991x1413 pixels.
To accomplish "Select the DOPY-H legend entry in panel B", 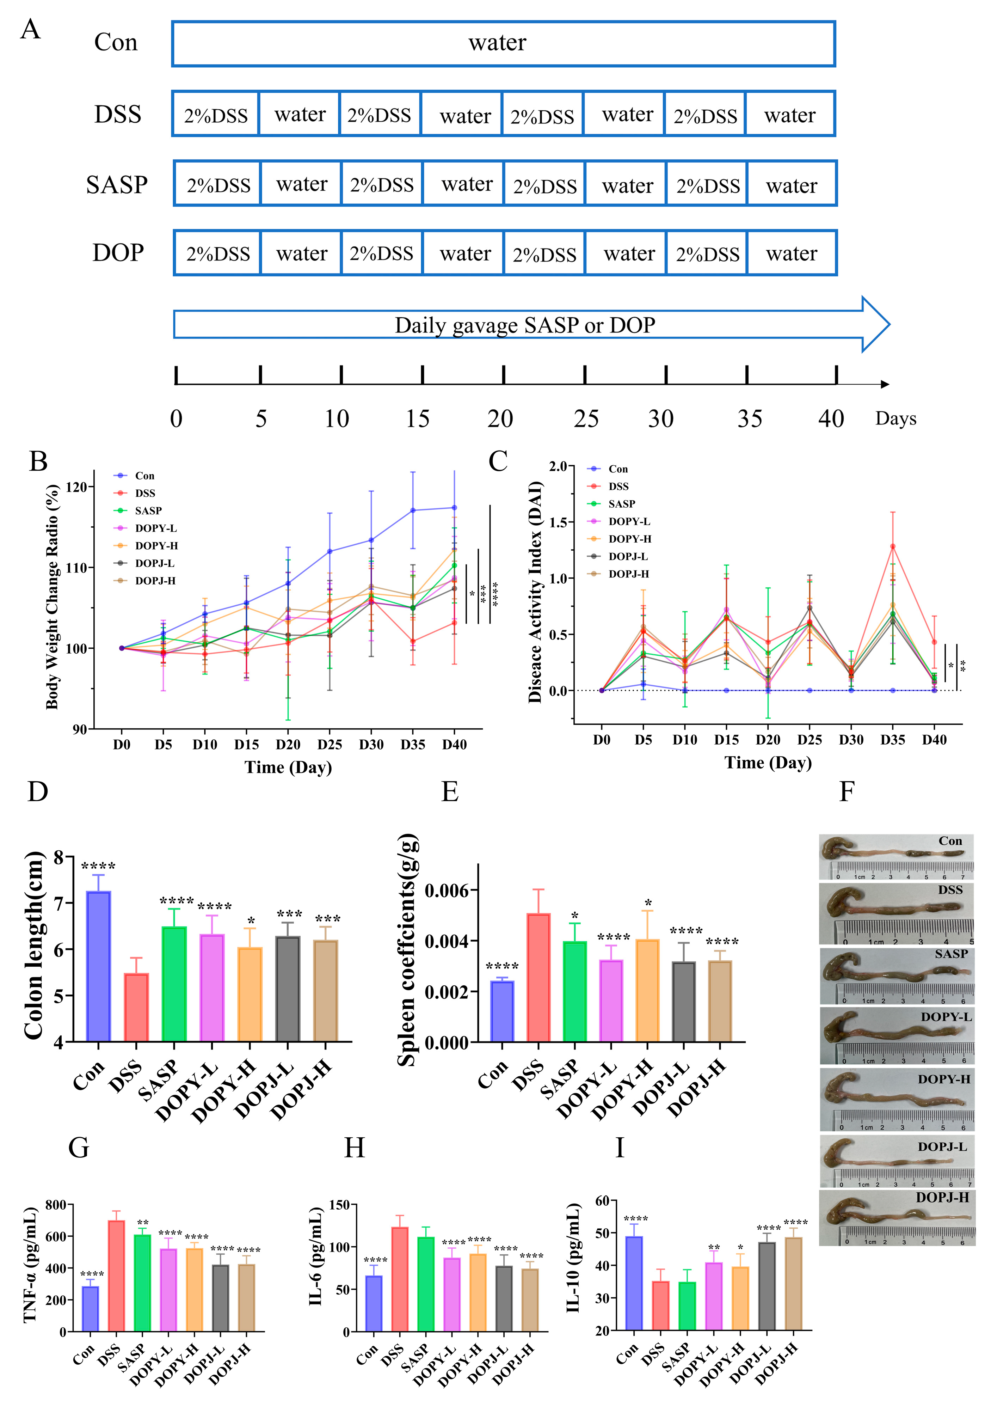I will pos(156,546).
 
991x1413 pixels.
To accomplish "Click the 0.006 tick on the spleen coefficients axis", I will pos(446,891).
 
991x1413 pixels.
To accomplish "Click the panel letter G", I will pos(79,1148).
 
